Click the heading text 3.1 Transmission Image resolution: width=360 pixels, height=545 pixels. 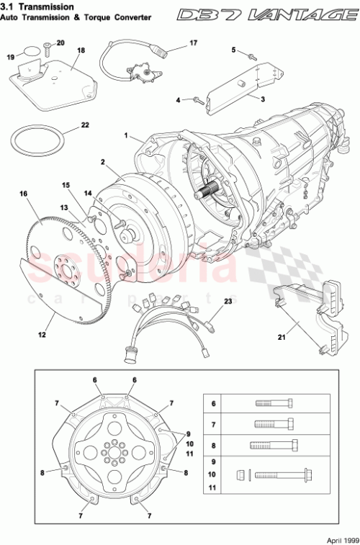tap(39, 6)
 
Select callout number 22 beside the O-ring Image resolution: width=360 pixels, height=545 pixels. tap(85, 125)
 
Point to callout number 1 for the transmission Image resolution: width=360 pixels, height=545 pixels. tap(126, 135)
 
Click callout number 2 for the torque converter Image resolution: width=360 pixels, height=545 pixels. tap(104, 163)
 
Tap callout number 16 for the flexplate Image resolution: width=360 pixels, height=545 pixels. tap(24, 194)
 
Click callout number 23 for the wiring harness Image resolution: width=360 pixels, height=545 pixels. tap(228, 301)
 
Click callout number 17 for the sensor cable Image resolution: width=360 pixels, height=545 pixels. tap(192, 43)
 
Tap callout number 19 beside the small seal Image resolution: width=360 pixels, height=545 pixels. tap(11, 56)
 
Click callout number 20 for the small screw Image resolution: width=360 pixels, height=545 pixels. tap(60, 43)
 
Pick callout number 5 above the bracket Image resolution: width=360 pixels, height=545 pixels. tap(234, 49)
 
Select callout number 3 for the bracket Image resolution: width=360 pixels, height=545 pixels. tap(262, 99)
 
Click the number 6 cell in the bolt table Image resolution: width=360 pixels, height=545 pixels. tap(214, 404)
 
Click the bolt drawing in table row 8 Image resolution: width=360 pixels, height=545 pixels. tap(271, 444)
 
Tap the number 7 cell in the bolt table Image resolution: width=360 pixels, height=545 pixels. tap(214, 424)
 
